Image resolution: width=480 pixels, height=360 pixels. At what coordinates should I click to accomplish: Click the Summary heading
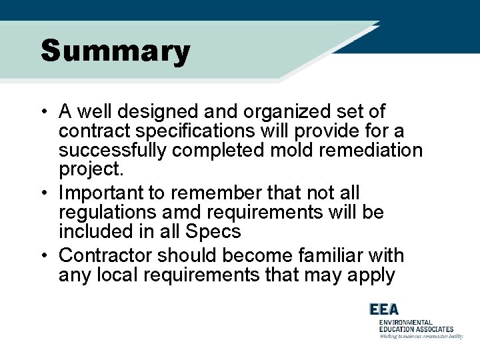(115, 51)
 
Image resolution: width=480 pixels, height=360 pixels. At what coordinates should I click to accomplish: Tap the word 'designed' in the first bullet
(167, 111)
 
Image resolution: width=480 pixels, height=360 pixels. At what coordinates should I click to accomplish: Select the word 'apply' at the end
(370, 275)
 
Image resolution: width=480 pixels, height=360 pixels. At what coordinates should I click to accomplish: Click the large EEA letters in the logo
(384, 309)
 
